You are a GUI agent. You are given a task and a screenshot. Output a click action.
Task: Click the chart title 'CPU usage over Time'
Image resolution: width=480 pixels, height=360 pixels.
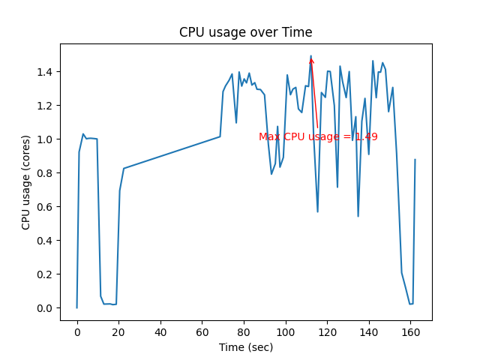(245, 32)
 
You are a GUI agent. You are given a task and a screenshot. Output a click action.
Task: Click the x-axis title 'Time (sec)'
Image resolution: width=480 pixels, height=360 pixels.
(245, 347)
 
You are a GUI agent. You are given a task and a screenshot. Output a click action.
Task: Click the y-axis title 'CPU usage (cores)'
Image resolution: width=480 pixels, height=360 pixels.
(25, 181)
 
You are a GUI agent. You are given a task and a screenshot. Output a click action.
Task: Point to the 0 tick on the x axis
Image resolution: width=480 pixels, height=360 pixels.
(76, 331)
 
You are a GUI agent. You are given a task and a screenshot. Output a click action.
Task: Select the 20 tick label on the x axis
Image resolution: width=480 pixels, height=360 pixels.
(118, 331)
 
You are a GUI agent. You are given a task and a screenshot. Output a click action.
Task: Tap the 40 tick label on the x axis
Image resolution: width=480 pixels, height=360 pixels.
(160, 331)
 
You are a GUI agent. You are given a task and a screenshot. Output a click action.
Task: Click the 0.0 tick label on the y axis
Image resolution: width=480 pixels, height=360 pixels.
(46, 308)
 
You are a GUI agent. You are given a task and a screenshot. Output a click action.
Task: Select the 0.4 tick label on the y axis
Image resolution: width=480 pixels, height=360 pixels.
(46, 241)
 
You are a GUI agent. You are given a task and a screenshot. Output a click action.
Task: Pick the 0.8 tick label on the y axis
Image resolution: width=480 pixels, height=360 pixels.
(46, 173)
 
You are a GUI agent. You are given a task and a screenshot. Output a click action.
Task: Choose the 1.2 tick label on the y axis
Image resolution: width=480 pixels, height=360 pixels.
(46, 106)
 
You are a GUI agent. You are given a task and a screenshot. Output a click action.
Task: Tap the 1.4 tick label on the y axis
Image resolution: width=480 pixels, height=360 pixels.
(46, 72)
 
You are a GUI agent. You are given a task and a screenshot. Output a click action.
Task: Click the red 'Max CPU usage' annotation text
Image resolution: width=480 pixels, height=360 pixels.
(318, 137)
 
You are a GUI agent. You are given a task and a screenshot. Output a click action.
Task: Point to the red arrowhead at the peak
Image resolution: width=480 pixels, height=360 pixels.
(311, 60)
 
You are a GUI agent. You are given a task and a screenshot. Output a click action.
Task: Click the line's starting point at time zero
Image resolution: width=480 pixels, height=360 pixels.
(76, 307)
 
